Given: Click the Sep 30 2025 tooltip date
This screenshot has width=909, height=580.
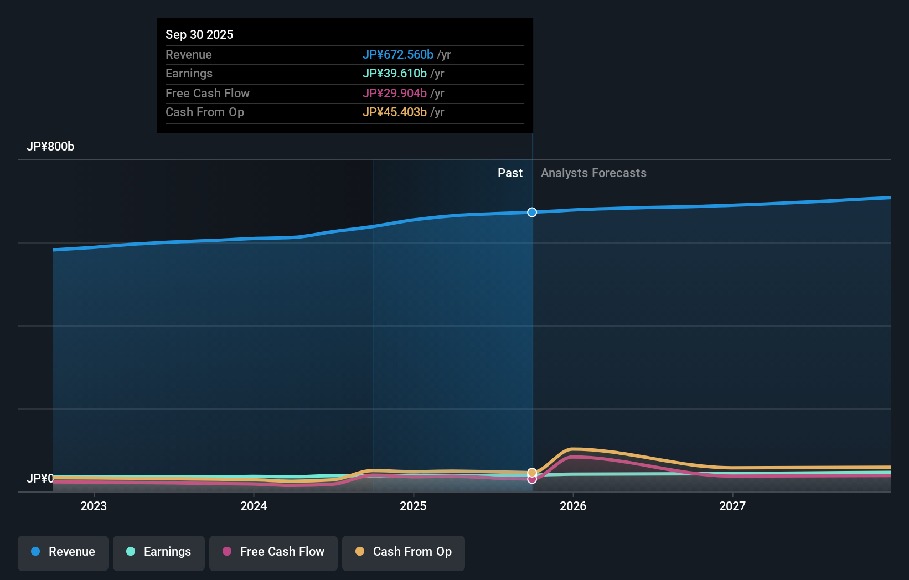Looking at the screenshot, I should coord(199,34).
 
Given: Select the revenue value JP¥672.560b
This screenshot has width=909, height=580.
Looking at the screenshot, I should coord(397,54).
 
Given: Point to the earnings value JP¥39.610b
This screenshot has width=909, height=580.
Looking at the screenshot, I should coord(394,74).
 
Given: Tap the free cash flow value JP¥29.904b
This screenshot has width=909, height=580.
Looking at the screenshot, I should coord(394,93).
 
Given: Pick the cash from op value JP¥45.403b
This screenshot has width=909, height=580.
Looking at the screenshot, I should coord(394,112).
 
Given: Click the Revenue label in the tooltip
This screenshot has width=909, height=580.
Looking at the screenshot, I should coord(188,54).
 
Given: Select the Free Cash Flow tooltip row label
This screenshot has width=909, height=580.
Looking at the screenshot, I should coord(207,93).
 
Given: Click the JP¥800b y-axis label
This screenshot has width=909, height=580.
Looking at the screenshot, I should coord(50,147).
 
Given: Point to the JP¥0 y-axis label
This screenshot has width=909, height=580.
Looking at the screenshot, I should coord(40,478).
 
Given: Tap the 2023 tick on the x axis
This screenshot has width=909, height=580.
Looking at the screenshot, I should coord(94,506).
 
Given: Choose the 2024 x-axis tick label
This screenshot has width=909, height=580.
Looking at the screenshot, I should coord(254,506).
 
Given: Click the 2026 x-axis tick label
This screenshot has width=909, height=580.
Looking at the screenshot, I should coord(573,506).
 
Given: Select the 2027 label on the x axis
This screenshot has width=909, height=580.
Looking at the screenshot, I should coord(732,506).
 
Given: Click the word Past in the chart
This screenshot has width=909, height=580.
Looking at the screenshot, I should coord(510,173).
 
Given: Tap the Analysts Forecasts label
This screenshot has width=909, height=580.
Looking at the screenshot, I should coord(593,173).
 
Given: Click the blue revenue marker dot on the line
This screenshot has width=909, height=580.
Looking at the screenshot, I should coord(532,213).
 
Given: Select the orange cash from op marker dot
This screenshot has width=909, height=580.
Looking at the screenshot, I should coord(532,472).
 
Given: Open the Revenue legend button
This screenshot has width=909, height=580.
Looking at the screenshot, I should coord(63,552).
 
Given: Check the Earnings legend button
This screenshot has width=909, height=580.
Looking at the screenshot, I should coord(159,552).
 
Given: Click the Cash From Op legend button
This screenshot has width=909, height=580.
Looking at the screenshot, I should coord(404,552).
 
